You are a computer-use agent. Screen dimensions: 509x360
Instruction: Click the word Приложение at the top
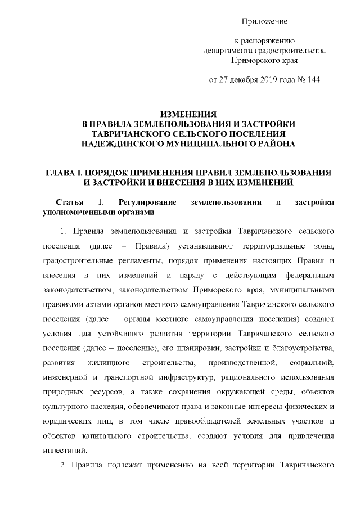pyautogui.click(x=264, y=21)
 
